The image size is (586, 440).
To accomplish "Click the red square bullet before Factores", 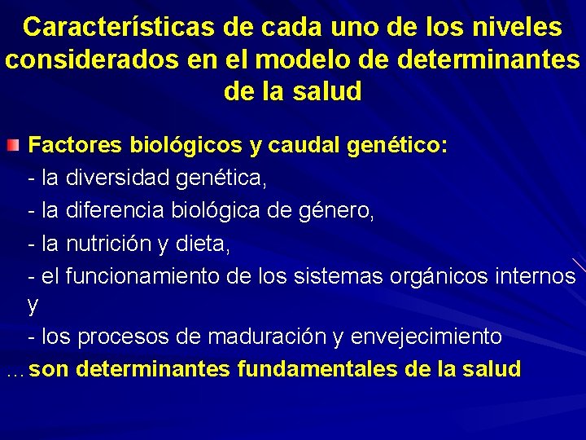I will [11, 147].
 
